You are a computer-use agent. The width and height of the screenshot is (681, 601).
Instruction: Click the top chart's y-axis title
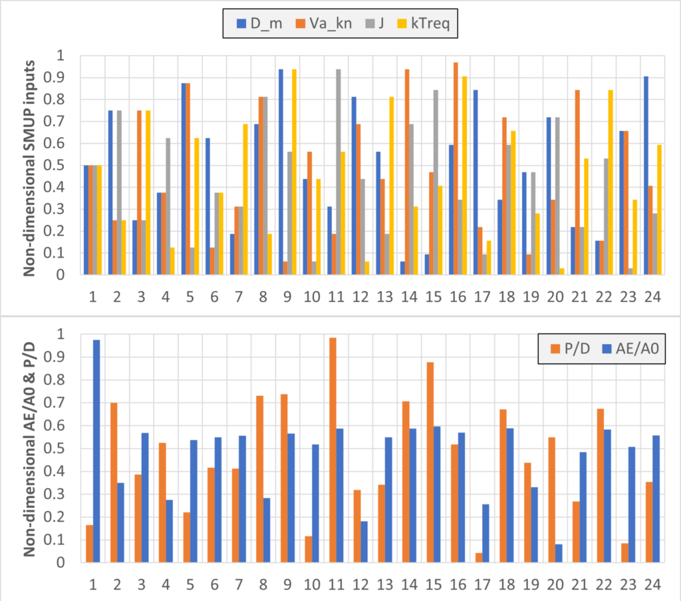pyautogui.click(x=30, y=164)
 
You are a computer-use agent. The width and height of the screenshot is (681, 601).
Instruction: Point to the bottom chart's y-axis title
pyautogui.click(x=30, y=448)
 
